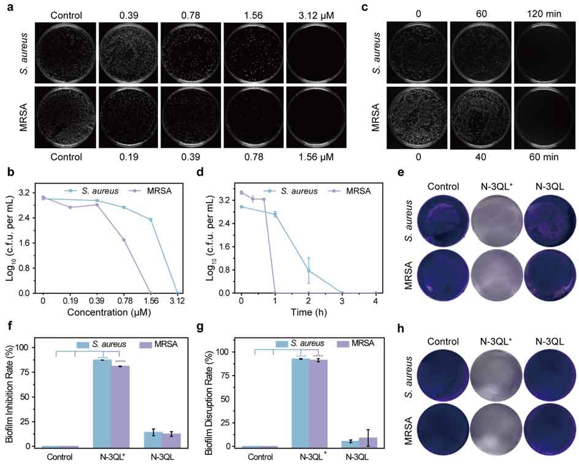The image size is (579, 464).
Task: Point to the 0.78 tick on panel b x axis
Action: (x=124, y=302)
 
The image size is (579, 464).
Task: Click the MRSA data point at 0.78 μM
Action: (x=124, y=239)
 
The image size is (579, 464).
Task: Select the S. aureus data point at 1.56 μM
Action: (x=150, y=220)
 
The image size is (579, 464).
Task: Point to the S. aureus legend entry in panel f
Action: (x=107, y=345)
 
